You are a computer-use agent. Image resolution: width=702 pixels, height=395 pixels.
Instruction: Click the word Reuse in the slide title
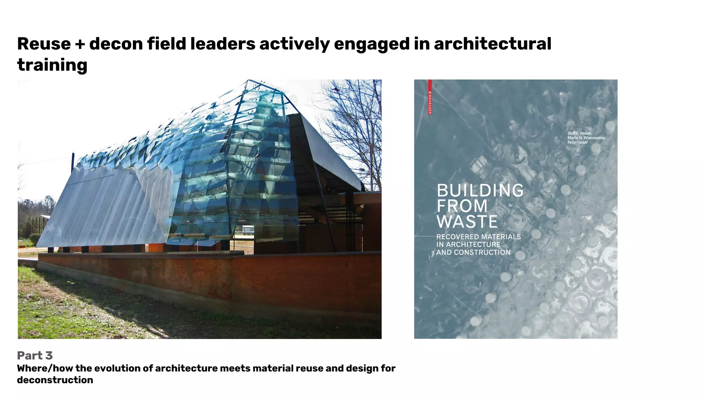[x=44, y=44]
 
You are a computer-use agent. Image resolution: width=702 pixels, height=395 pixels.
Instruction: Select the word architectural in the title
[x=493, y=44]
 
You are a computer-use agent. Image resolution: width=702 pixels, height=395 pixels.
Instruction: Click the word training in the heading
[x=52, y=65]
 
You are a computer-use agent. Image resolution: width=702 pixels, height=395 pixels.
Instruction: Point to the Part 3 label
[x=35, y=356]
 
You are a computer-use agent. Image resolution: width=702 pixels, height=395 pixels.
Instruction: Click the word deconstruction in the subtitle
[x=55, y=380]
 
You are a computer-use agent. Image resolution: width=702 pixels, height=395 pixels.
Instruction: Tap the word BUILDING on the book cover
[x=480, y=191]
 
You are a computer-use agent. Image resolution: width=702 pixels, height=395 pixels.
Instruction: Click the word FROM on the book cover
[x=462, y=206]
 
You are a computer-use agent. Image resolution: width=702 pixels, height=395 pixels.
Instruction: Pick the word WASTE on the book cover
[x=467, y=222]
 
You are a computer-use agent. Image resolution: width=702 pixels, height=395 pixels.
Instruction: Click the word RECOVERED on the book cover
[x=457, y=237]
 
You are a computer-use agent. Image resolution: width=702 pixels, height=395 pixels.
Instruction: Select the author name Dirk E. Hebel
[x=579, y=133]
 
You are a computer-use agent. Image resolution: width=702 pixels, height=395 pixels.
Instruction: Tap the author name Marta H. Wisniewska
[x=586, y=138]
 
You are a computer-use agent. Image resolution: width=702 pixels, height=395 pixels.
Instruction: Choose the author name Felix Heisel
[x=578, y=142]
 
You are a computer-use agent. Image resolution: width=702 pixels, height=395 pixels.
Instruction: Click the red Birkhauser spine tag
[x=430, y=97]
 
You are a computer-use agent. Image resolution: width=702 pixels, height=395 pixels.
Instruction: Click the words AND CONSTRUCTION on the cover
[x=473, y=253]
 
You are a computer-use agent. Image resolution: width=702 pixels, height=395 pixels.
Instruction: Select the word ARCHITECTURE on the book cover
[x=473, y=245]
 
